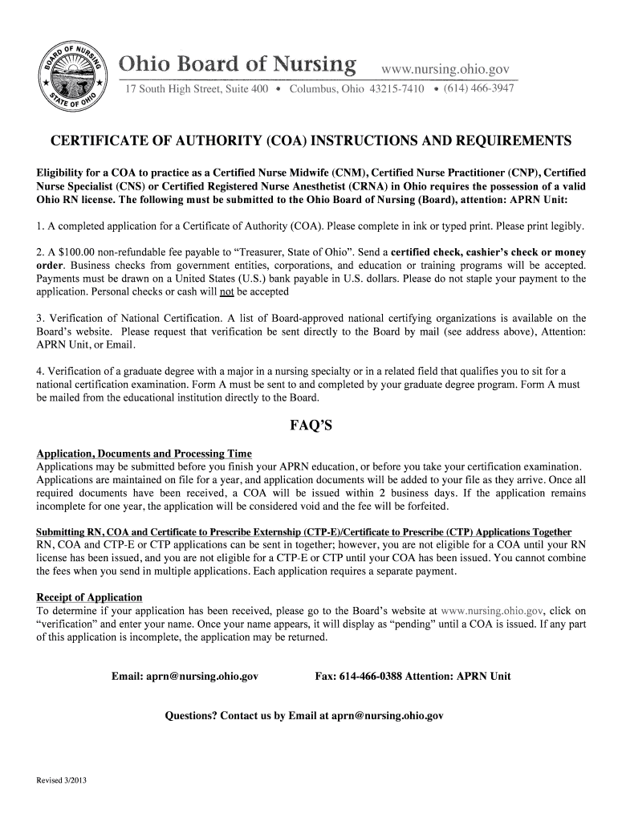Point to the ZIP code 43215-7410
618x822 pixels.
(x=396, y=89)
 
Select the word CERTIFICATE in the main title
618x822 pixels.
(x=100, y=142)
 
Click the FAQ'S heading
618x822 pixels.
(x=311, y=426)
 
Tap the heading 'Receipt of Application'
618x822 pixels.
(x=89, y=598)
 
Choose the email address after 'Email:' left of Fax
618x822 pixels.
(x=202, y=677)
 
